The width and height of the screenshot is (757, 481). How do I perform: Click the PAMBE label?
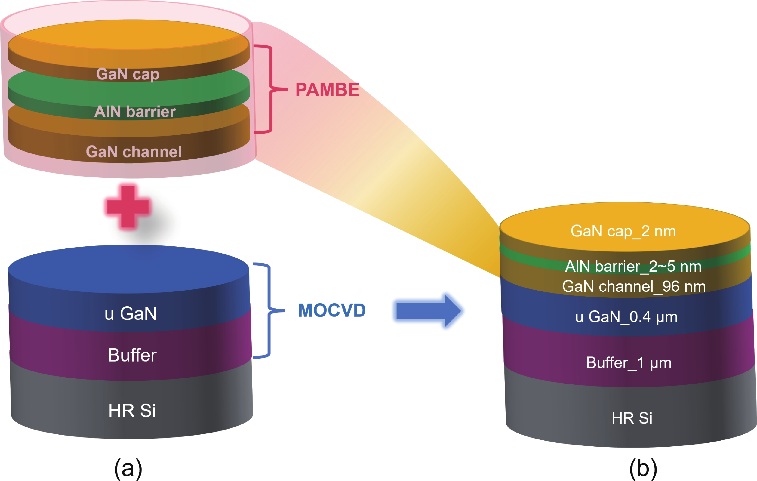point(327,90)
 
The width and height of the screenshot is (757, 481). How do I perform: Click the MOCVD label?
point(332,310)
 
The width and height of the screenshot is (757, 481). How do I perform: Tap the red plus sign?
point(128,206)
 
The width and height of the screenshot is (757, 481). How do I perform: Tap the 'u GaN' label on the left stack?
point(131,313)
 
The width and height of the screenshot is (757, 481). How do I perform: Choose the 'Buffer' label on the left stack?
point(132,355)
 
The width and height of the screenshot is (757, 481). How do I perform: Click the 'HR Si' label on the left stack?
point(132,410)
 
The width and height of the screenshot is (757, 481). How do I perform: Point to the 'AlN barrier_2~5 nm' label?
point(633,266)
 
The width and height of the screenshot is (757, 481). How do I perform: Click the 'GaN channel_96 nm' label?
point(634,286)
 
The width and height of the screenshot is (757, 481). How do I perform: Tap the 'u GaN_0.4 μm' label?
point(626,317)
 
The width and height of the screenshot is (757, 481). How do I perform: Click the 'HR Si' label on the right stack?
point(632,418)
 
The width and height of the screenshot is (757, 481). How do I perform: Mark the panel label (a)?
point(128,469)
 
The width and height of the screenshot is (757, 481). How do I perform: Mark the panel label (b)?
point(643,469)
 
